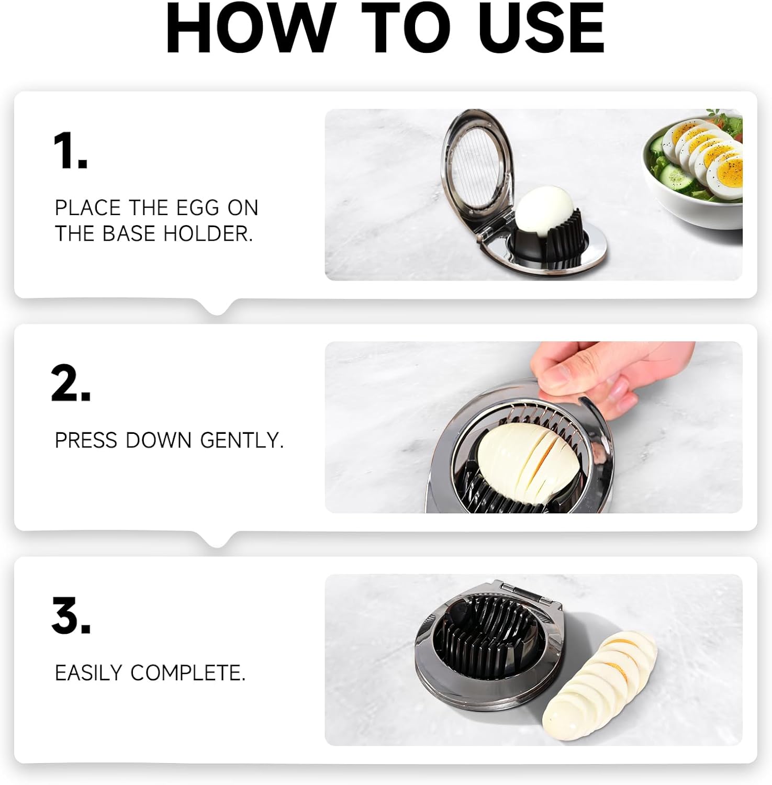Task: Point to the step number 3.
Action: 71,615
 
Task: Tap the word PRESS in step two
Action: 86,440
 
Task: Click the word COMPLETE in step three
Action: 188,672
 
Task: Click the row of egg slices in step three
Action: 599,686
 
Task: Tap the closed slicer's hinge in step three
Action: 523,591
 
